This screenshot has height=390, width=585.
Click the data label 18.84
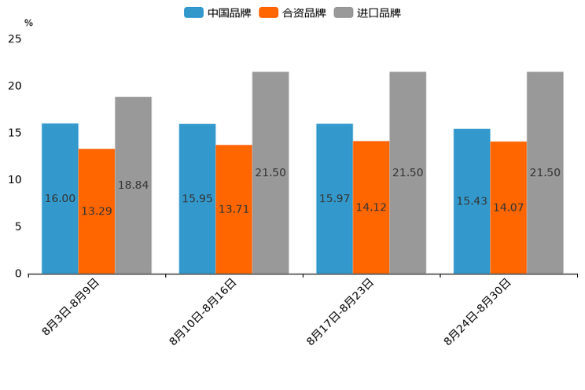point(133,186)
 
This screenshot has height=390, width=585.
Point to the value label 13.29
point(97,211)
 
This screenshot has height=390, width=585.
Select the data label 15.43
point(472,201)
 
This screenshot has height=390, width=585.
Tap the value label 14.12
point(371,208)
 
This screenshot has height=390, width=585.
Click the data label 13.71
point(234,209)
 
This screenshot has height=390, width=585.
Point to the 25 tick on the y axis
point(14,39)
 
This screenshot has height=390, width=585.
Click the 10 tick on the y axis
point(14,179)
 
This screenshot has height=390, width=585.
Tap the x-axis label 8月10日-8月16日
point(203,312)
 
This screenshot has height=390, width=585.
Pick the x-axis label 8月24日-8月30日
point(477,312)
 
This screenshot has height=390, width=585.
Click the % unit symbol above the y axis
point(28,23)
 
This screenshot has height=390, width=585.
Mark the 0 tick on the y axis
point(18,274)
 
